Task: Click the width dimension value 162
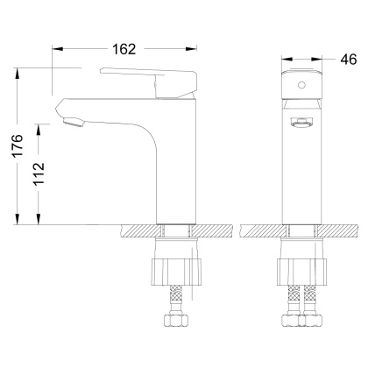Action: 124,49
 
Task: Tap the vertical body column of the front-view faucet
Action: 301,175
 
